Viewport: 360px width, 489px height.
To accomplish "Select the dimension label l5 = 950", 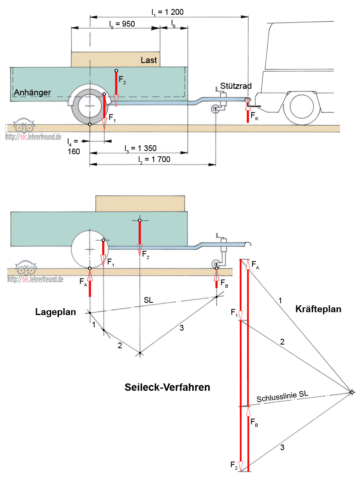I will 122,24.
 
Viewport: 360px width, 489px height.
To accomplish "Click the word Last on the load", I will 148,60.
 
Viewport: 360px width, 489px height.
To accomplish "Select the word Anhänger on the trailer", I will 32,93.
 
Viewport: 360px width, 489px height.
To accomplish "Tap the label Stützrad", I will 236,86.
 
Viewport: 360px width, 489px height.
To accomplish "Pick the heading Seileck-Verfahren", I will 167,387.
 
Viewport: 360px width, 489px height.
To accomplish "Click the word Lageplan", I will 56,312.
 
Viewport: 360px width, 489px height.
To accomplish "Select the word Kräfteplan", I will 318,309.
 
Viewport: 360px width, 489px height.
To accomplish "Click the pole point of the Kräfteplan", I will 352,392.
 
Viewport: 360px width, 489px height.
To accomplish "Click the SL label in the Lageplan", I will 148,300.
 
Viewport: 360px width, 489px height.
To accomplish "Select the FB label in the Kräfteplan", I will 254,422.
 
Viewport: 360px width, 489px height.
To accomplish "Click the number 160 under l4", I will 74,151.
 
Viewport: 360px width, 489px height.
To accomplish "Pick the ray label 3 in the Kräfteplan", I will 282,447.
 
